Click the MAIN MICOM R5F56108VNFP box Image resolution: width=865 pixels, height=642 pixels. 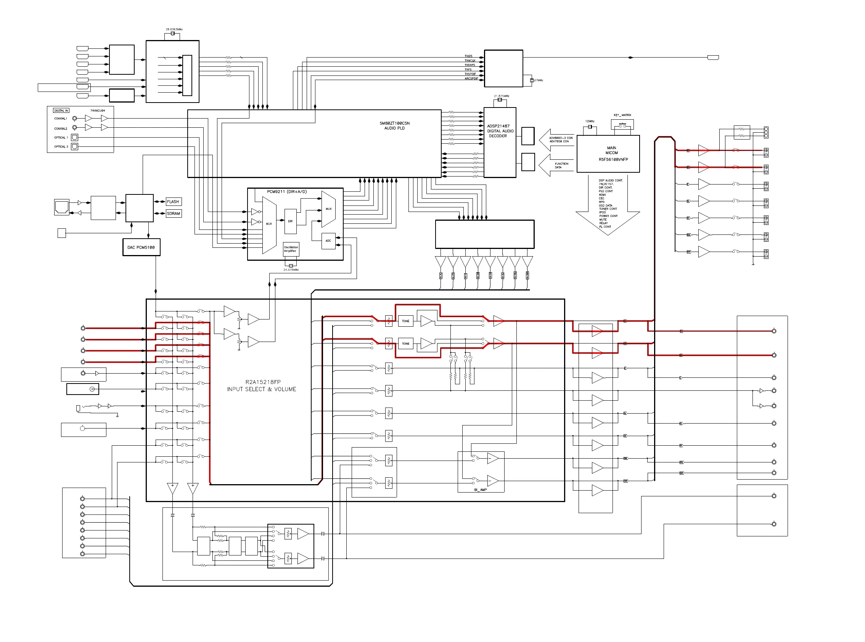coord(608,154)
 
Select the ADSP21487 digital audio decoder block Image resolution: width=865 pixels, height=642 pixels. coord(500,142)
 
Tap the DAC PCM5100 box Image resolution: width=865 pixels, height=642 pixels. coord(141,247)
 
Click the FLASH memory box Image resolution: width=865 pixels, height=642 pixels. coord(173,202)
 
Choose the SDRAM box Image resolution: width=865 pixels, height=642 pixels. coord(174,213)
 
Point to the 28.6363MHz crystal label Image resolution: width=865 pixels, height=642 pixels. coord(174,29)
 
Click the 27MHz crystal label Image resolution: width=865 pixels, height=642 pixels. coord(539,80)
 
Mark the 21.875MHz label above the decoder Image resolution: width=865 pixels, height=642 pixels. coord(502,96)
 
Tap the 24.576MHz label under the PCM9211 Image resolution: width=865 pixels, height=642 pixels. coord(291,270)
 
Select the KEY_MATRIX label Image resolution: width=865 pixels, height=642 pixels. coord(622,115)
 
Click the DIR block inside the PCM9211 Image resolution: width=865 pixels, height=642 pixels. coord(290,221)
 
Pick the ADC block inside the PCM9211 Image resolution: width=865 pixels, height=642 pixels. coord(328,241)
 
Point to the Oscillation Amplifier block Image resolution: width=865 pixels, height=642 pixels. coord(291,249)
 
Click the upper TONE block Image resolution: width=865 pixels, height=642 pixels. coord(405,321)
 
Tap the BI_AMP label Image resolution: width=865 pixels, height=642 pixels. coord(480,490)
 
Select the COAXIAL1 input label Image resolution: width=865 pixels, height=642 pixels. coord(61,119)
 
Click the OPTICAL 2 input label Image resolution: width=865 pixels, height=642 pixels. coord(61,147)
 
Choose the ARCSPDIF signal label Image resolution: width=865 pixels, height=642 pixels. coord(471,79)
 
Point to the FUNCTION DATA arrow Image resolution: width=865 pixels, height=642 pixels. coord(556,165)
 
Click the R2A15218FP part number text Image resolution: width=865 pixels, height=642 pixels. coord(263,382)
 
